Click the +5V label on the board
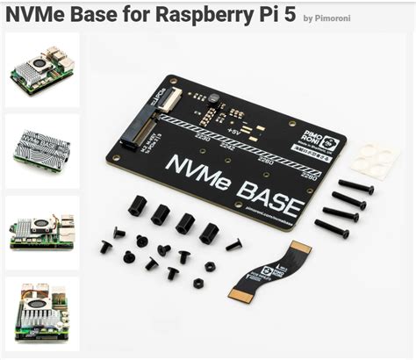233,130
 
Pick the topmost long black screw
355,186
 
